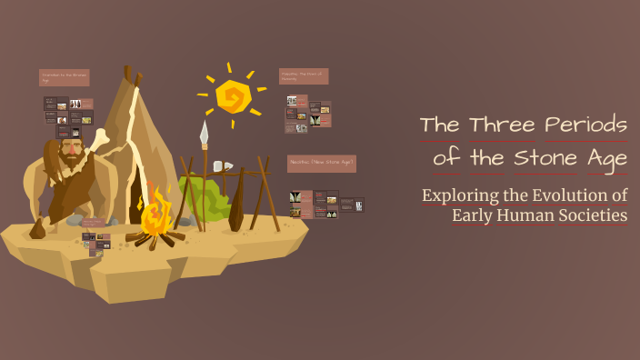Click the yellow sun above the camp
point(234,95)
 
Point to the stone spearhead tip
point(204,133)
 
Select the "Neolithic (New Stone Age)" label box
point(321,164)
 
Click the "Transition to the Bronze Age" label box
point(64,78)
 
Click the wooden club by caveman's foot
point(37,227)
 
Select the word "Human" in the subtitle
point(537,215)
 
